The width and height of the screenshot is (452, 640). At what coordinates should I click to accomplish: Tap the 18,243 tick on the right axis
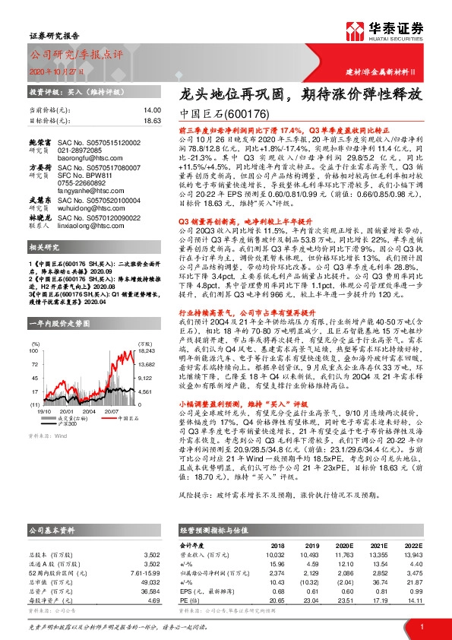click(x=147, y=329)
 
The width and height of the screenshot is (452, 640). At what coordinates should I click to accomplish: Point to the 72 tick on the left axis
click(x=33, y=342)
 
